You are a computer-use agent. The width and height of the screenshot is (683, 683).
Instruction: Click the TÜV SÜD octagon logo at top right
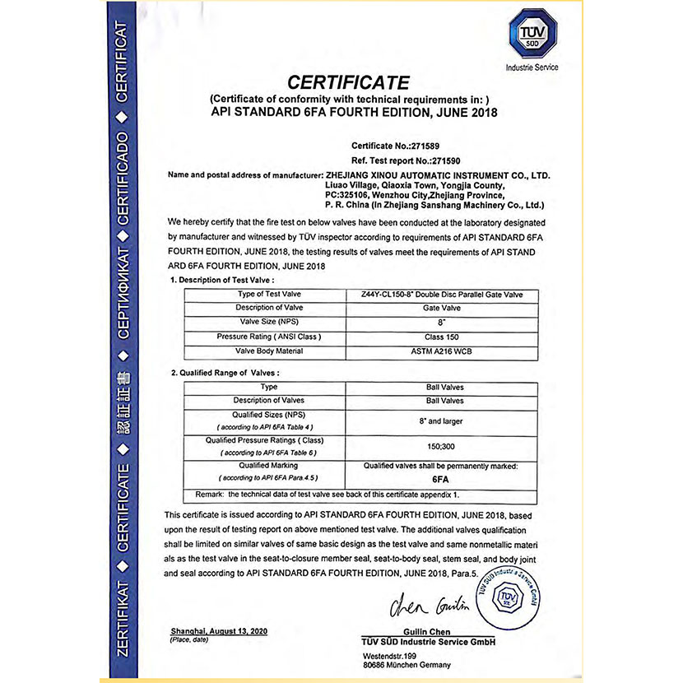(532, 36)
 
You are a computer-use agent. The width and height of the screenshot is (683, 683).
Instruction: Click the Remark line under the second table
(328, 495)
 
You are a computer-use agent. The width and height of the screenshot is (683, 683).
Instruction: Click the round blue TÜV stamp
(511, 597)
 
